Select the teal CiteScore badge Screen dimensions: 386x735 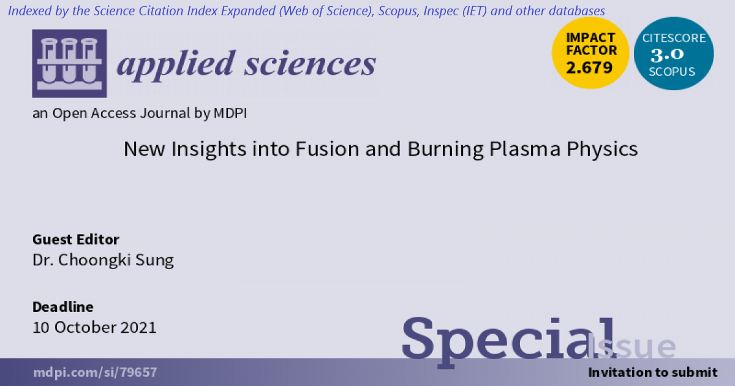pyautogui.click(x=673, y=54)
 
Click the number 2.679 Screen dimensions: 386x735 pyautogui.click(x=590, y=67)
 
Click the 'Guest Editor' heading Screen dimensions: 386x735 pyautogui.click(x=76, y=239)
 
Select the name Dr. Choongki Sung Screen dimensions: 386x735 pyautogui.click(x=103, y=260)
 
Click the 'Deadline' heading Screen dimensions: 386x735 pyautogui.click(x=63, y=306)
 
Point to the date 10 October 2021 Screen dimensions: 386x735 pyautogui.click(x=94, y=327)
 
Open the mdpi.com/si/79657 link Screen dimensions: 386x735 pyautogui.click(x=95, y=373)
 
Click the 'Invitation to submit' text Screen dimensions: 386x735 pyautogui.click(x=652, y=373)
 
